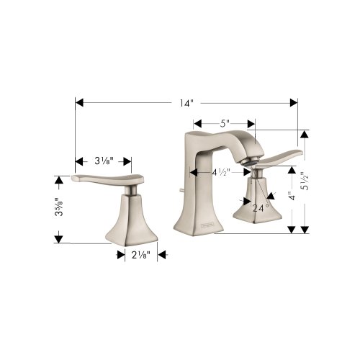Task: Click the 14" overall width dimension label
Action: point(186,103)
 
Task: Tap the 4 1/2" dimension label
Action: point(221,172)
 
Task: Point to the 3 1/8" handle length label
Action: point(104,161)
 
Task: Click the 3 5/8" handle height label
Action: point(59,207)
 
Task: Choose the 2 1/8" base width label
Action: point(141,255)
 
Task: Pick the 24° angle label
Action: point(261,208)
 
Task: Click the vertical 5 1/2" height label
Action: point(305,181)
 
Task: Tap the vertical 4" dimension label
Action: point(292,196)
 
